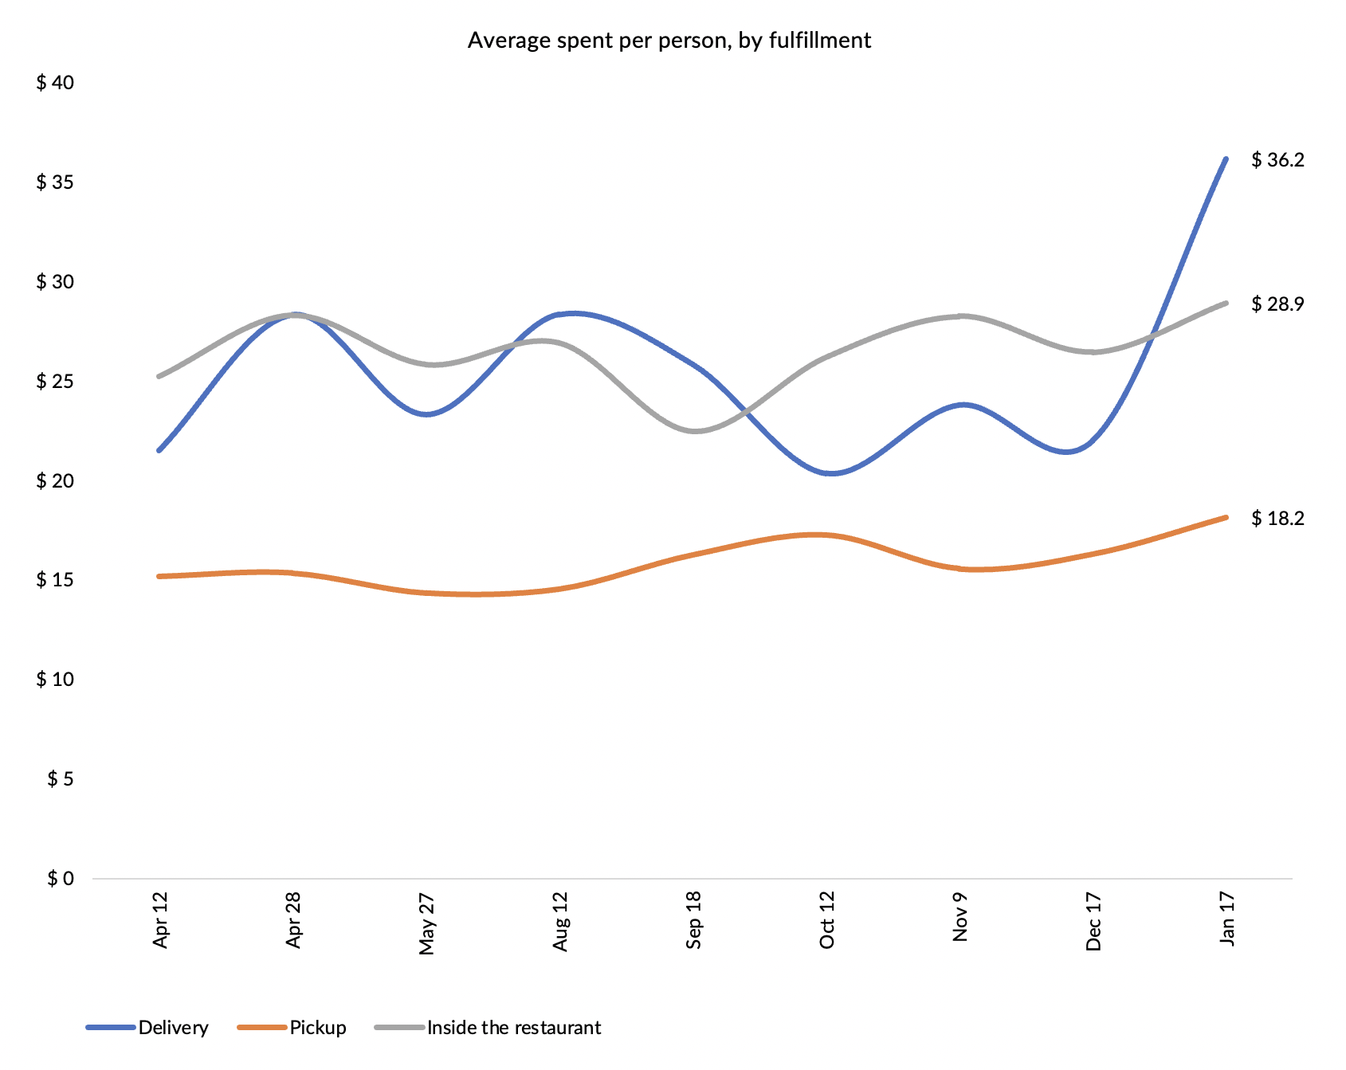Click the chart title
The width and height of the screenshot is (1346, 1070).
tap(669, 41)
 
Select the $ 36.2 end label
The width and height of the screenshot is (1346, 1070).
tap(1277, 160)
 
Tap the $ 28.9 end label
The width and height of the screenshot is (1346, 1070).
tap(1277, 304)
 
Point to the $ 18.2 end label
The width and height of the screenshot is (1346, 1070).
tap(1277, 519)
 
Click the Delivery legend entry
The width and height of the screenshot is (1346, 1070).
tap(173, 1028)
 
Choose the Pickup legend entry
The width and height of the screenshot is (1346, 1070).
tap(317, 1028)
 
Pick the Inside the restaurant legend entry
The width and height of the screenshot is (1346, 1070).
tap(513, 1028)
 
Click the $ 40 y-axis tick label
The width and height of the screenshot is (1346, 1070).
tap(55, 83)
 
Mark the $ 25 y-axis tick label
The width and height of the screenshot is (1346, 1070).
tap(55, 381)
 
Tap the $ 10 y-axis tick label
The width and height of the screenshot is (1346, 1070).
tap(55, 680)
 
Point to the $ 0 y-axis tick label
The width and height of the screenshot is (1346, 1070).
tap(60, 878)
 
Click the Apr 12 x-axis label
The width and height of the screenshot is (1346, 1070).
tap(161, 920)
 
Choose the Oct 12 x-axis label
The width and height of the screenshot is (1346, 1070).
tap(827, 921)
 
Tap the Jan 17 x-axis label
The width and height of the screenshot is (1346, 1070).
tap(1227, 919)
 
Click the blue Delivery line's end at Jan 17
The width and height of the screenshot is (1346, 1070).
tap(1226, 159)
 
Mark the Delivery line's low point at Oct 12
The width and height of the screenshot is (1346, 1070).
tap(829, 473)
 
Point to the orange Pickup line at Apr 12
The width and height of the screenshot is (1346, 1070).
tap(160, 576)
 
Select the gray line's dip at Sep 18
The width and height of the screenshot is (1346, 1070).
tap(694, 431)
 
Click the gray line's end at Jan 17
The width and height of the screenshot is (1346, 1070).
tap(1226, 303)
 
